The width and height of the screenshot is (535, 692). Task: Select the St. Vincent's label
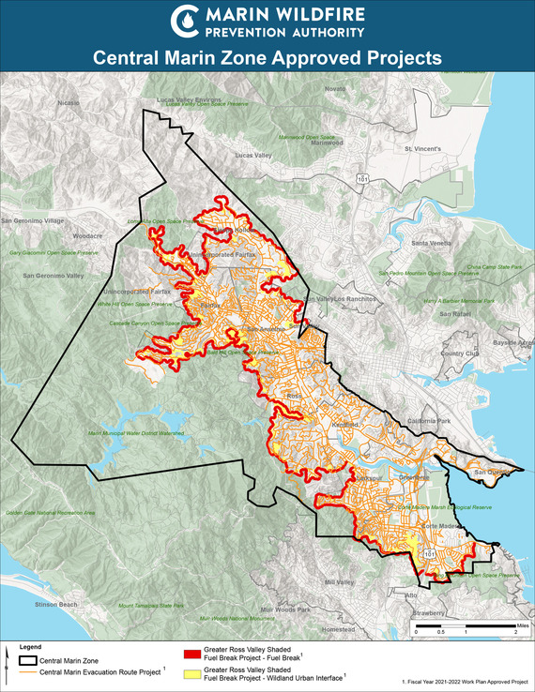pos(420,148)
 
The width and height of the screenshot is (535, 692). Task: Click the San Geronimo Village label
pos(32,220)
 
